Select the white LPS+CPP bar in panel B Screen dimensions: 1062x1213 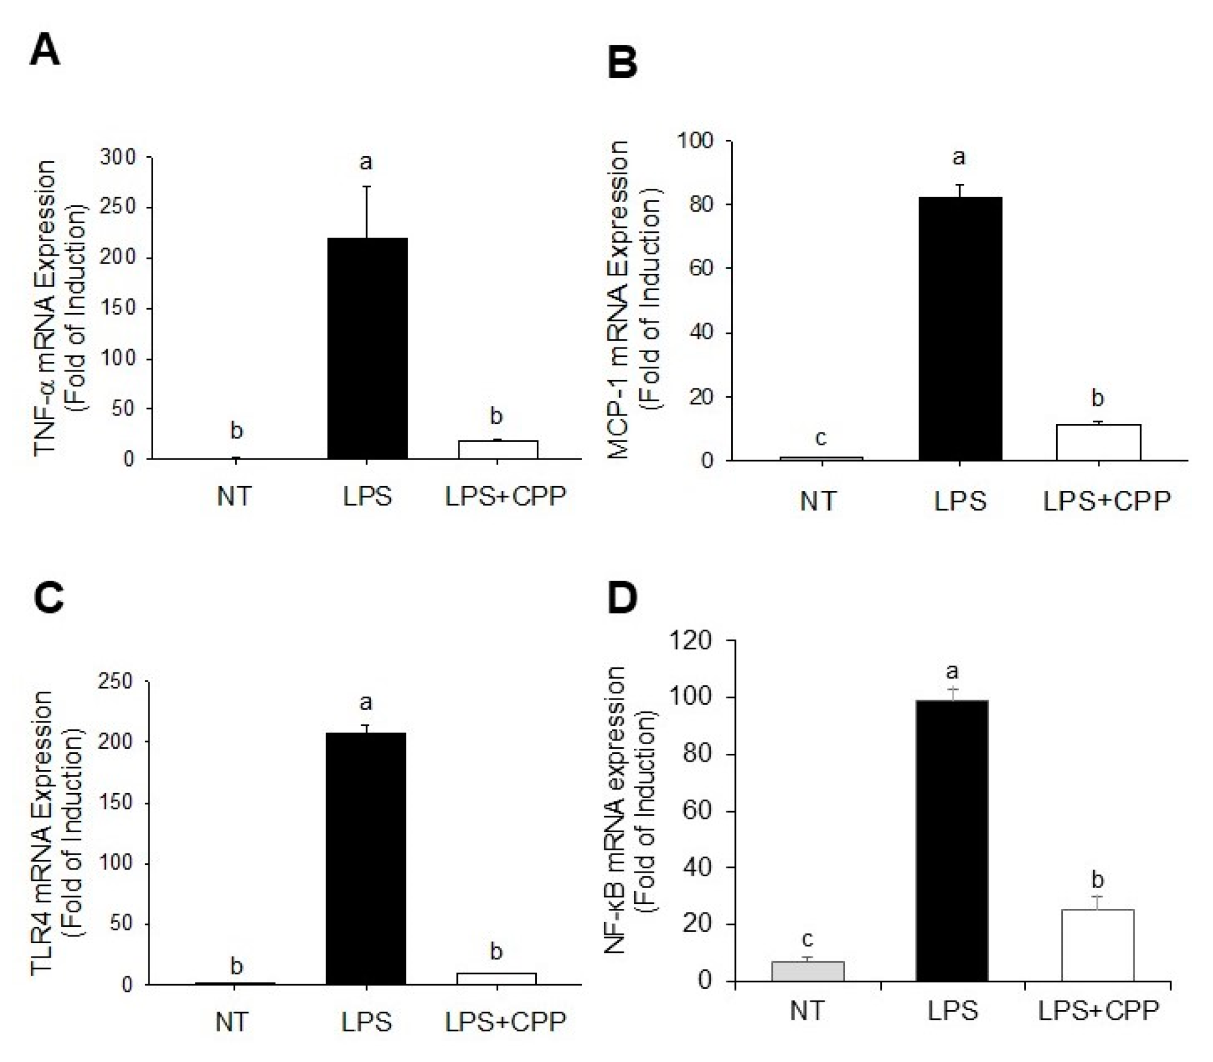click(1098, 443)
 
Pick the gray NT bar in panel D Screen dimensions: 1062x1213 click(808, 972)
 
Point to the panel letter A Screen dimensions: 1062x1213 click(45, 51)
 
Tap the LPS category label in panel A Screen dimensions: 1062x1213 click(367, 497)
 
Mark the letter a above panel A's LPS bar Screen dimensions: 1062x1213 click(366, 162)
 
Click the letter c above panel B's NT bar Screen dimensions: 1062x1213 click(820, 437)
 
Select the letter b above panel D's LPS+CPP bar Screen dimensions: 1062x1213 click(1098, 880)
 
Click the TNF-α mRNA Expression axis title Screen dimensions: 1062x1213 click(46, 308)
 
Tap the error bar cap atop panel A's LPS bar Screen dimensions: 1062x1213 click(367, 186)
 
